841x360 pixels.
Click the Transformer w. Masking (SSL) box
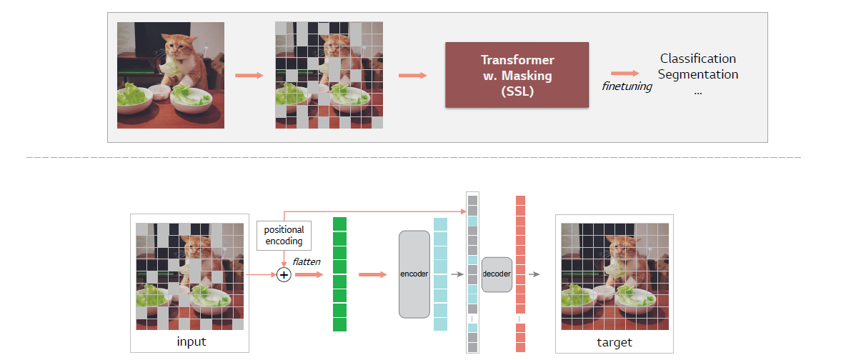pos(517,75)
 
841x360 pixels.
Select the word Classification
pos(697,59)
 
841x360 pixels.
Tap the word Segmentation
pos(697,74)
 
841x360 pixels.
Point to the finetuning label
pos(627,86)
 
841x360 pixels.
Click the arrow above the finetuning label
pos(624,73)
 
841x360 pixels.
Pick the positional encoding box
pos(284,235)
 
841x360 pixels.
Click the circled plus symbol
pos(284,274)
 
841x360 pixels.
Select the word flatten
pos(307,261)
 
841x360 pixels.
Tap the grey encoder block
pos(414,274)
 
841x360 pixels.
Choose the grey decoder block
pos(497,274)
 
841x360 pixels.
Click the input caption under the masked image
pos(191,342)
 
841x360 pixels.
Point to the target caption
pos(614,343)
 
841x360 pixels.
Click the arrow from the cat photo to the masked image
pos(249,75)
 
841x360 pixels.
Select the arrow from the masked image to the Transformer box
pos(412,75)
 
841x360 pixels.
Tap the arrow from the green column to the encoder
pos(372,274)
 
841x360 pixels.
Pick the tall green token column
pos(339,274)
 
